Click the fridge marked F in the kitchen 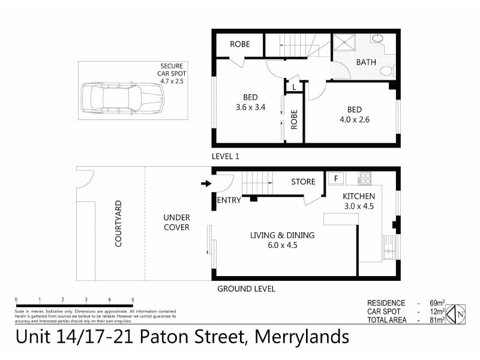[335, 178]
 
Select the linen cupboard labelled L [294, 87]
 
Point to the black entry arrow [205, 184]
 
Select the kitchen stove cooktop [364, 178]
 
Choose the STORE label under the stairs [303, 182]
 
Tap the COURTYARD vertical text [118, 224]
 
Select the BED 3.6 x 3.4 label [250, 103]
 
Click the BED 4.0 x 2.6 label [354, 115]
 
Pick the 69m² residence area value [436, 304]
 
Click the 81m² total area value [436, 320]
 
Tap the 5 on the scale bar [133, 299]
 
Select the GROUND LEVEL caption [246, 289]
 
